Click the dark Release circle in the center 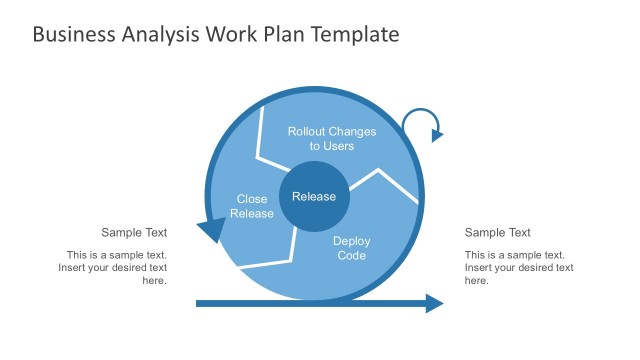click(314, 196)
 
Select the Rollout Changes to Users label click(331, 138)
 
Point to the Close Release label click(251, 206)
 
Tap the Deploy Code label click(351, 248)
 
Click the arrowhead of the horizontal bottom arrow click(435, 303)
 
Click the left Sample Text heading click(134, 233)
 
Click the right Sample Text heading click(498, 233)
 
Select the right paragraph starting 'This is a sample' click(519, 267)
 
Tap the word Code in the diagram click(351, 256)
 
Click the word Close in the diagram click(252, 199)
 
